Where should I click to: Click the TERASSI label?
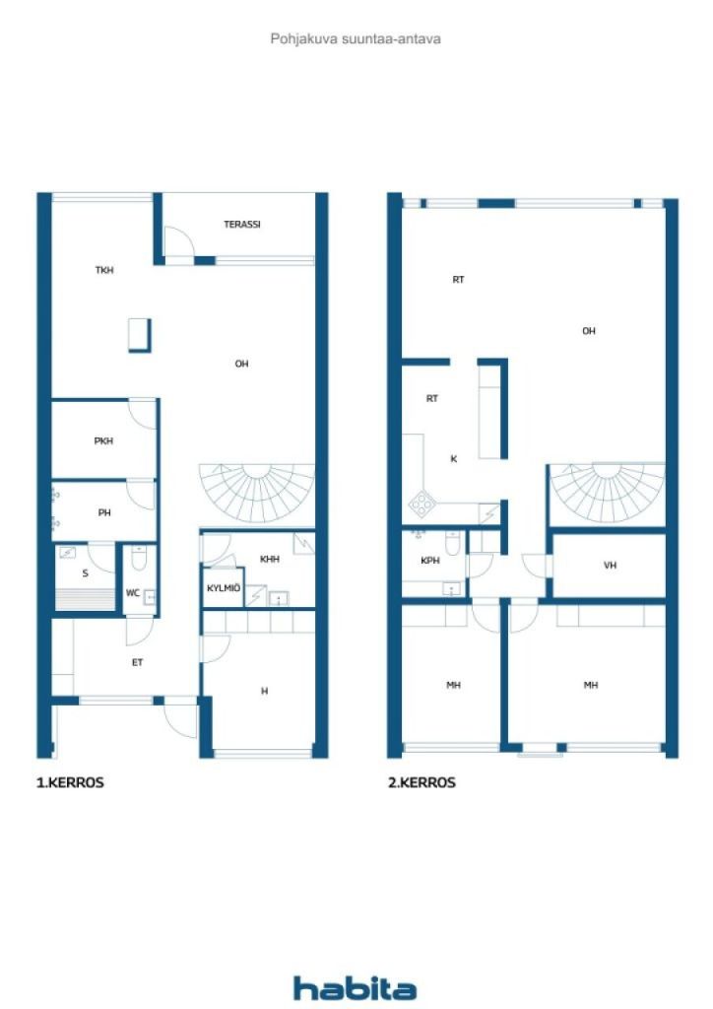tap(241, 225)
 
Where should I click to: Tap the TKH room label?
tap(104, 270)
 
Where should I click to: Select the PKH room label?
tap(103, 440)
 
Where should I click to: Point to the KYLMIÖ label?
tap(224, 588)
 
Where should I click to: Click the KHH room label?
tap(270, 560)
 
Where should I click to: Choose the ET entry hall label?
tap(137, 662)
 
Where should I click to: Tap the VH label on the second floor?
tap(611, 565)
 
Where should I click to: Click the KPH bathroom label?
tap(430, 561)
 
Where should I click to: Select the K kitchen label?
tap(454, 459)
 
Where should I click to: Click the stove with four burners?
tap(421, 504)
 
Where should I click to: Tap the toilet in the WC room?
tap(139, 558)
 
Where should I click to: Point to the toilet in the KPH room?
tap(453, 543)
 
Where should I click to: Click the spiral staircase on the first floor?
tap(257, 493)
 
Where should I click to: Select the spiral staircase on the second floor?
tap(607, 493)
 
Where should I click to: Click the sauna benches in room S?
tap(85, 599)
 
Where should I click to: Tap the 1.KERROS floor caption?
tap(70, 782)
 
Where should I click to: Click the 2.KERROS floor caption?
tap(421, 782)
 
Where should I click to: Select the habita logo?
tap(355, 987)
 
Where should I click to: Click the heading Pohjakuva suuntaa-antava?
tap(356, 38)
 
